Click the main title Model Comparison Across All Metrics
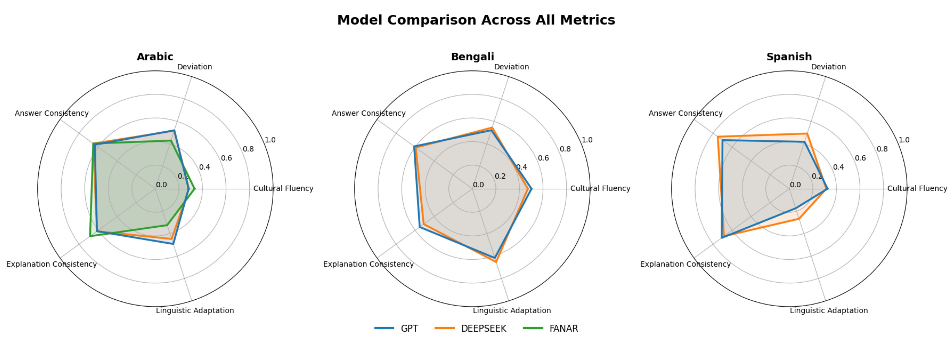pos(476,20)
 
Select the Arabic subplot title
pos(155,57)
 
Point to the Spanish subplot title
pos(789,57)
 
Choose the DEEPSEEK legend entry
pos(471,328)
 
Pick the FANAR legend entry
pos(551,328)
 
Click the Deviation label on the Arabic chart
pos(195,67)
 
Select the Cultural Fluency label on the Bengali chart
pos(600,188)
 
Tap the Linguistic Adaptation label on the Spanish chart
pos(829,311)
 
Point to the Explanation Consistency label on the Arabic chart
pos(51,264)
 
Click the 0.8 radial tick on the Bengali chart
pos(565,149)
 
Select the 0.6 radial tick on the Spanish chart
pos(860,158)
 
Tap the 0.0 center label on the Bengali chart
pos(478,185)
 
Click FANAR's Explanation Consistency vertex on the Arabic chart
pos(90,236)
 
